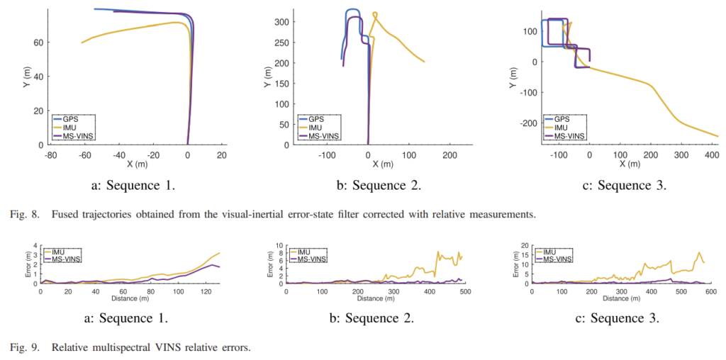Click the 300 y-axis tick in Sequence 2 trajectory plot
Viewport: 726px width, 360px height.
click(x=284, y=22)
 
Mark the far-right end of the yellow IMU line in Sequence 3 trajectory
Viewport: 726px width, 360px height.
click(x=718, y=136)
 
